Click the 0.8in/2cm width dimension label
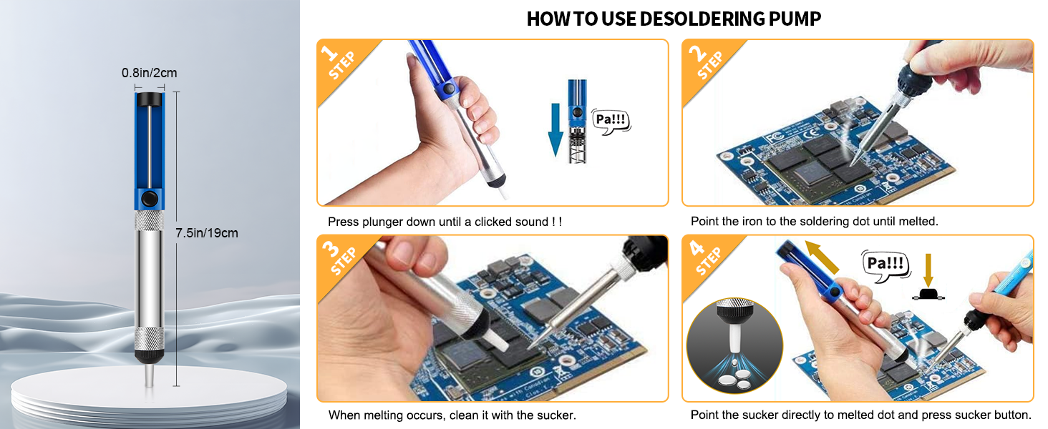[x=149, y=72]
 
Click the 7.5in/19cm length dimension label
[x=207, y=233]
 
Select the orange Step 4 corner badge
[x=704, y=258]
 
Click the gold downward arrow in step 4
[x=928, y=268]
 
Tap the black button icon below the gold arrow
[x=928, y=294]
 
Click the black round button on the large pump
[x=150, y=197]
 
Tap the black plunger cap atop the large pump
[x=150, y=98]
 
